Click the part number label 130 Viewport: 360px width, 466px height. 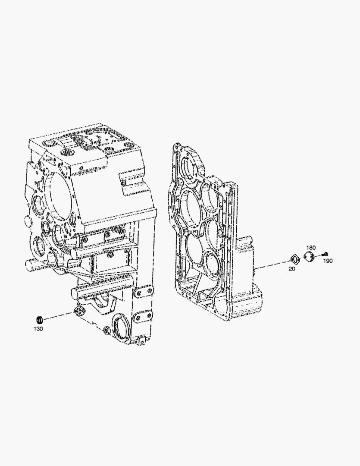(38, 329)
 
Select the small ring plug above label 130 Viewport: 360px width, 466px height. (39, 320)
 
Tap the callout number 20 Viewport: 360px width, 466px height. (292, 269)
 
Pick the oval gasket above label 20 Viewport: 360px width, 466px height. (294, 259)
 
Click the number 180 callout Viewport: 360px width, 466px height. (311, 248)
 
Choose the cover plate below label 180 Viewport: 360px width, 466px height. (310, 256)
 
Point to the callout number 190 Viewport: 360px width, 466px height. (328, 261)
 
